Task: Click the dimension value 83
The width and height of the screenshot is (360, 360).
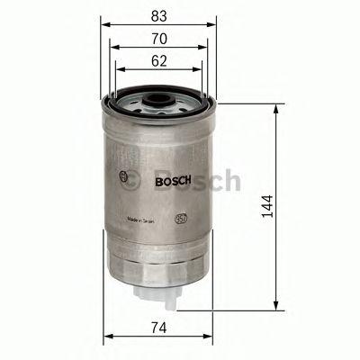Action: click(157, 16)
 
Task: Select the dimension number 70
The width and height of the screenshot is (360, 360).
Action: click(157, 40)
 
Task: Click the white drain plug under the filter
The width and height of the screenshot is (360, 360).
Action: click(160, 293)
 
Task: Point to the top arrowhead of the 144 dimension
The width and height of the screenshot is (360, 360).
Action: click(274, 104)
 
